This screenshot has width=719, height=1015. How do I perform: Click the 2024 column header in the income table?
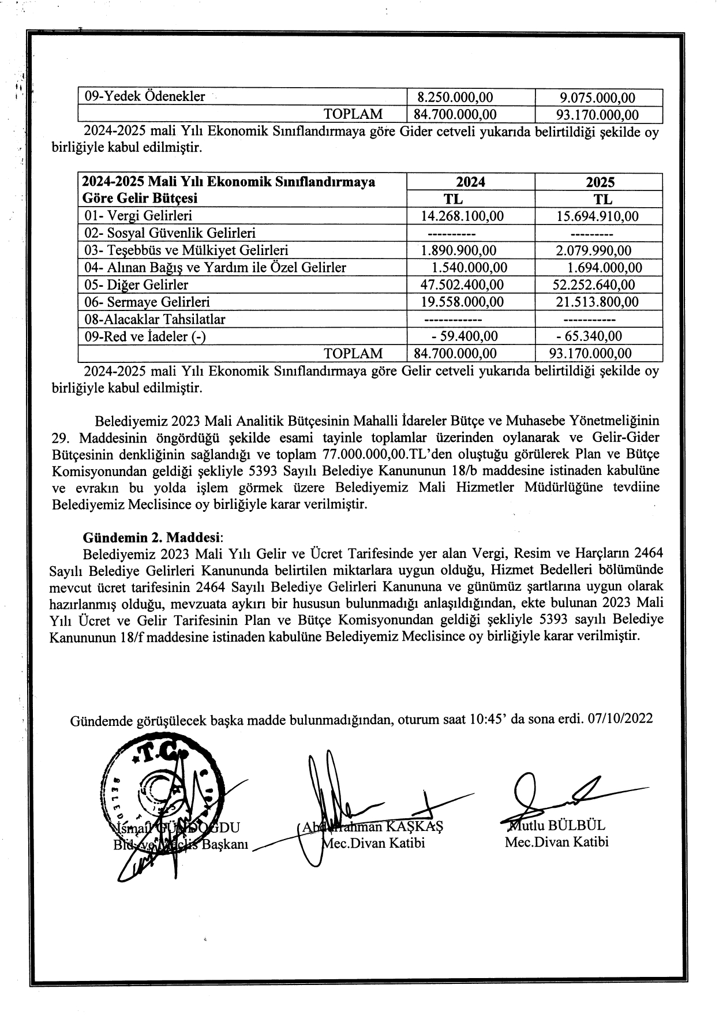coord(470,182)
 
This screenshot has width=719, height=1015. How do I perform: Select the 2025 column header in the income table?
coord(600,182)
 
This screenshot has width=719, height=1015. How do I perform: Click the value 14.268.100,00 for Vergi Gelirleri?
coord(462,216)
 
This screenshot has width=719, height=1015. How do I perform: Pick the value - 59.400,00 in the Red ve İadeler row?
coord(465,336)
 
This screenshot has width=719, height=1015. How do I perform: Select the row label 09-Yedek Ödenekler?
coord(145,97)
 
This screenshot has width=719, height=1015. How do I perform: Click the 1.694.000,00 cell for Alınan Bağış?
coord(604,268)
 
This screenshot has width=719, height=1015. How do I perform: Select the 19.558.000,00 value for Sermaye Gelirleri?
coord(462,302)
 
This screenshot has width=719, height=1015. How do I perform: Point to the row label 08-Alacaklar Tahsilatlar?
coord(155,320)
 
